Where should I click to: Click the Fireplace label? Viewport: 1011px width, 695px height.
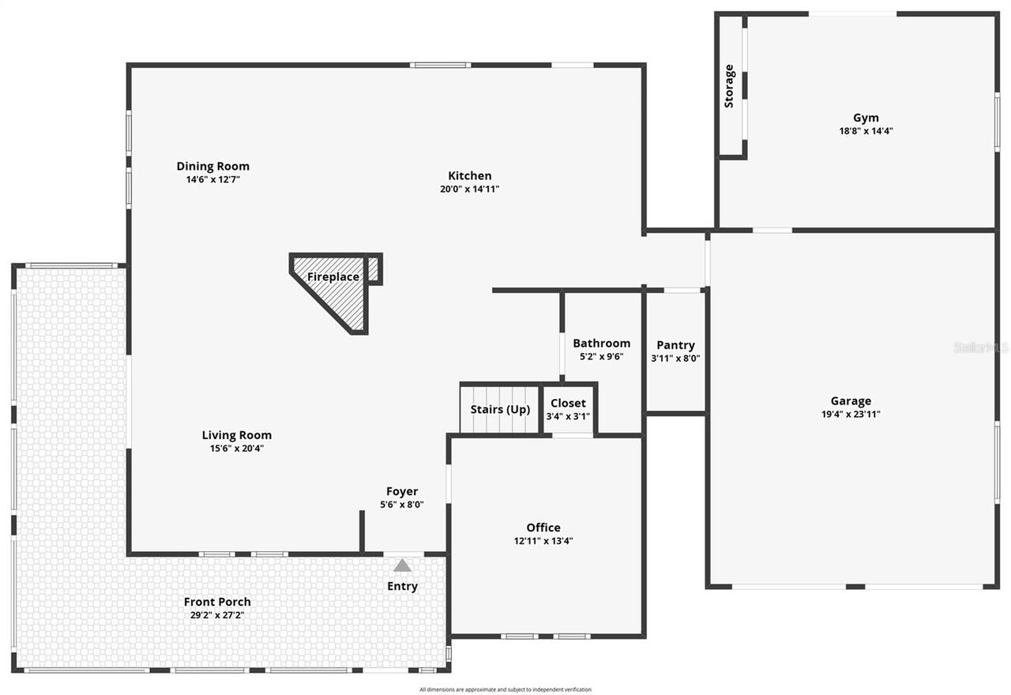click(x=333, y=277)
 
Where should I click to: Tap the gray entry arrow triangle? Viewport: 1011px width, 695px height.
click(x=403, y=565)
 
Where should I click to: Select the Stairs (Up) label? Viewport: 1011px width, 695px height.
click(x=500, y=410)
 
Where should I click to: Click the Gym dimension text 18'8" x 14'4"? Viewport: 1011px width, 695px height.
click(x=866, y=132)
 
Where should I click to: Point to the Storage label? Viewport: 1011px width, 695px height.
click(x=729, y=86)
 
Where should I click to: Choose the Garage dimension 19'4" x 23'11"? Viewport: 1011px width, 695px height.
click(x=851, y=414)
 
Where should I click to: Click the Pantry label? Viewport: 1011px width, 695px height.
click(x=675, y=345)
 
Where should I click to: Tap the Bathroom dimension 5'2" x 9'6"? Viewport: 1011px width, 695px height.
click(x=601, y=356)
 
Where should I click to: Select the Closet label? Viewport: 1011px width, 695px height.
click(x=568, y=404)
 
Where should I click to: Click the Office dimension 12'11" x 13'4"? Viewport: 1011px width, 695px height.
click(x=543, y=541)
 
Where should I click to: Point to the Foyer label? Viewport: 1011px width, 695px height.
click(x=402, y=491)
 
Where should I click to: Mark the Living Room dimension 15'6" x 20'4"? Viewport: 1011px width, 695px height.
click(x=236, y=449)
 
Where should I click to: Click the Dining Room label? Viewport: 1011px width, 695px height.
click(x=212, y=166)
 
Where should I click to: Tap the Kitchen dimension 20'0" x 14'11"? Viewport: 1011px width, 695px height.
click(x=470, y=189)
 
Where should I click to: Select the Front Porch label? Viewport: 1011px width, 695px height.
click(x=217, y=602)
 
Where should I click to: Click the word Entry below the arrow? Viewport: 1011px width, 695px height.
click(x=402, y=586)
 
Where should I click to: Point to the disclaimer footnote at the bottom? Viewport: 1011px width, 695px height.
click(x=505, y=689)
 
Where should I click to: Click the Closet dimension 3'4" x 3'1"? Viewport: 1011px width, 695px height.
click(x=568, y=416)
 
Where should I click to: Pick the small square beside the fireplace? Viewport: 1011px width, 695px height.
click(x=374, y=269)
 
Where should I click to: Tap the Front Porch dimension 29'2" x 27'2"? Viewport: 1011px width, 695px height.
click(x=217, y=615)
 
